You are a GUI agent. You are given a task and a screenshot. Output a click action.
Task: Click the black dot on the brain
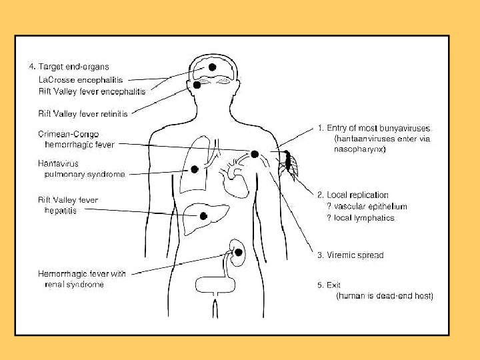(212, 67)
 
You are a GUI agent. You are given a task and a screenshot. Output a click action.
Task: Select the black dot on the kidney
(238, 251)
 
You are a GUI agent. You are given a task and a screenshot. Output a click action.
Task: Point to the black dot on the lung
(195, 169)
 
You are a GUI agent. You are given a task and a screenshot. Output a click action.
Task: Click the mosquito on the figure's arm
(288, 162)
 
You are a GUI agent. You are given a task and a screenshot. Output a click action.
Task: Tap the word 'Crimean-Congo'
(68, 134)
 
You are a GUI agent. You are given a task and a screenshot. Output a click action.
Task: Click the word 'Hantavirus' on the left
(59, 163)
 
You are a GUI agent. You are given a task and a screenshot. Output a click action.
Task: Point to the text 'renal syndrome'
(74, 285)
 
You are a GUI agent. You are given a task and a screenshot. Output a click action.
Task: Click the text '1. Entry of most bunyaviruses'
(373, 127)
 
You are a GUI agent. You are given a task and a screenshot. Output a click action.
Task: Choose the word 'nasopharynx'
(359, 150)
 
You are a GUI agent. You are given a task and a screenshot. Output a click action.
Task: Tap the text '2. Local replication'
(353, 195)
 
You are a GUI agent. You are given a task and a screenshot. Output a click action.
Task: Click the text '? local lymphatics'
(361, 217)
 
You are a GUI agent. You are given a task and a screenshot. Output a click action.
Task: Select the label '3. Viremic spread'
(350, 255)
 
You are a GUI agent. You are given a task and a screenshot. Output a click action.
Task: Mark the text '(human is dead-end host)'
(385, 296)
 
